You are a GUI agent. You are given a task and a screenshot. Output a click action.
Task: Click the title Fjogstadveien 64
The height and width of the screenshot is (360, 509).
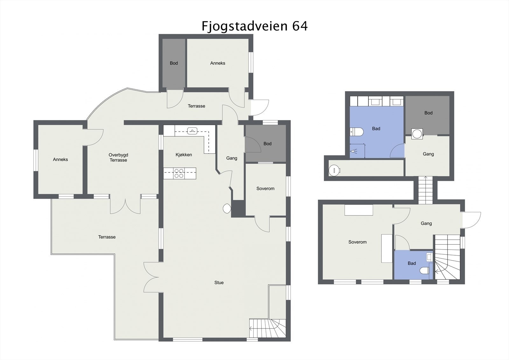coord(254,26)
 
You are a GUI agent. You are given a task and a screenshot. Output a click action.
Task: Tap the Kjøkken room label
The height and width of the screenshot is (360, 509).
coord(184,155)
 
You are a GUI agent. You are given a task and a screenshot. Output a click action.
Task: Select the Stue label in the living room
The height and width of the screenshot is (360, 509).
coord(219,282)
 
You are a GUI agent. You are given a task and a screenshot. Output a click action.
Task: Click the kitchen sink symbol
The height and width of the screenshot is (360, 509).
coord(192,130)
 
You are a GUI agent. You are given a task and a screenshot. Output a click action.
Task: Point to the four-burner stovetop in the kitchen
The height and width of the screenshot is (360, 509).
coord(179,173)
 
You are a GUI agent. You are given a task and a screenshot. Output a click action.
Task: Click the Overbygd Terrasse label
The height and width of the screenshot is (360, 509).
coord(118,158)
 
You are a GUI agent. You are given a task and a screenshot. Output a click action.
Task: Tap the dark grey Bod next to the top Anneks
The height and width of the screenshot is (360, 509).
coord(174,63)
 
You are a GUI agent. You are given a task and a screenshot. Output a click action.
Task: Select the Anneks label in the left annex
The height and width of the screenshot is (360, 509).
coord(60,159)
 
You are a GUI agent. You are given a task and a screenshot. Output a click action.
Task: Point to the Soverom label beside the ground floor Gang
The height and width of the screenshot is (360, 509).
coord(265,188)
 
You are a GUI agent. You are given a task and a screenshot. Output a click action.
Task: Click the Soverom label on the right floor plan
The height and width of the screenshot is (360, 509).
coord(357,242)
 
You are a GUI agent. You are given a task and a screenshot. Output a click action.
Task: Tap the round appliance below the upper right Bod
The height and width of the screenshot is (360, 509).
coord(417,134)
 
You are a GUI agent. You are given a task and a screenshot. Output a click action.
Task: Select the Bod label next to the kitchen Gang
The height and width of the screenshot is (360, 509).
coord(267,144)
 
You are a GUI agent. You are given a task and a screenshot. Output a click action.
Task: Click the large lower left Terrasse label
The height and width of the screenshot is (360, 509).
coord(107,237)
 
